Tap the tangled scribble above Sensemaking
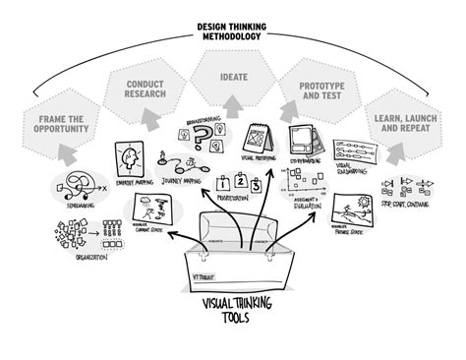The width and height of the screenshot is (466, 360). (x=76, y=182)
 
